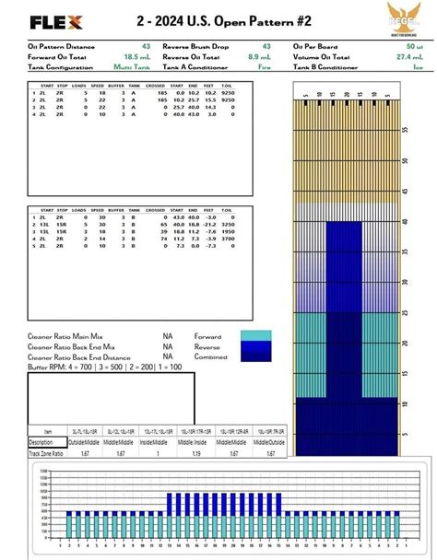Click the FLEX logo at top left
57,20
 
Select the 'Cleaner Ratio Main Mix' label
65,336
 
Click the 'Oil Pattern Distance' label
61,47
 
